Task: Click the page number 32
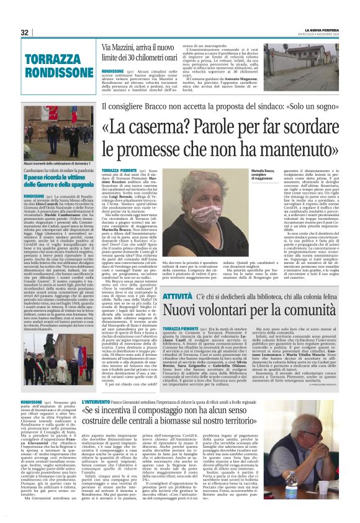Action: [x=25, y=32]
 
